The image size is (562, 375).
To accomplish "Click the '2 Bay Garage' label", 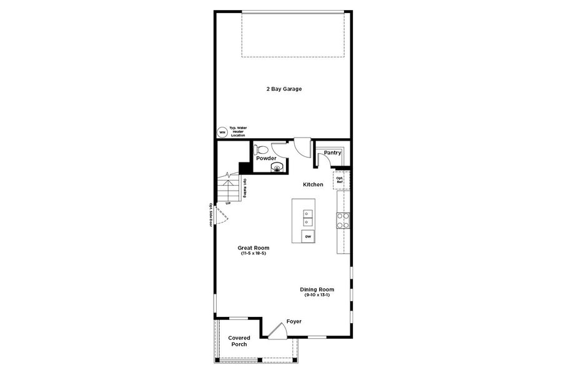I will coord(283,89).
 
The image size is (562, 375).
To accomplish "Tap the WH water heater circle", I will coord(222,132).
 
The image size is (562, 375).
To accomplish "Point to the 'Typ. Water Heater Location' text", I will coord(237,131).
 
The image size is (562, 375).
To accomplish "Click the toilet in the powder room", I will coord(262,150).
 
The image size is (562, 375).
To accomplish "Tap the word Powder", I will coord(266,159).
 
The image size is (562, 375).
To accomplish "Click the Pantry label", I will coord(332,152).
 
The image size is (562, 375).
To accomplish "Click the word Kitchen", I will coord(313,184).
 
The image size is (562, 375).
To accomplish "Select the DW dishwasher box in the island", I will coord(308,237).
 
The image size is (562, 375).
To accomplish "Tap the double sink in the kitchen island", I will coord(307,217).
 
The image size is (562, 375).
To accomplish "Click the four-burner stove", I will coord(343,219).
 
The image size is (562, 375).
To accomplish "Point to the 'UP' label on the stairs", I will coord(228,203).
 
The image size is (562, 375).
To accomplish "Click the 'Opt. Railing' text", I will coord(245,188).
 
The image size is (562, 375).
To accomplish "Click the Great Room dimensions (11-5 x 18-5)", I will coord(254,253).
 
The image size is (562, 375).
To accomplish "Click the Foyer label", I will coord(294,321).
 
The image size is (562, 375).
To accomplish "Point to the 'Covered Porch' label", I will coord(239,341).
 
